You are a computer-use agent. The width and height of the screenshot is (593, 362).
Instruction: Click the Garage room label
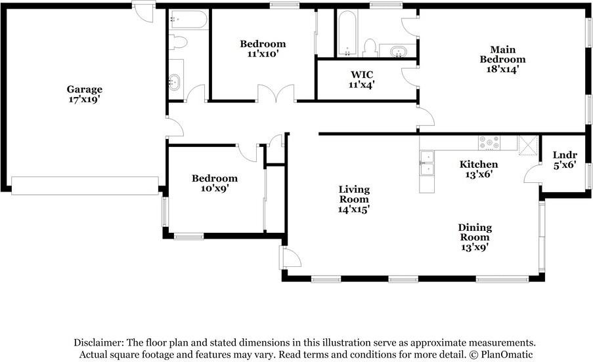click(84, 89)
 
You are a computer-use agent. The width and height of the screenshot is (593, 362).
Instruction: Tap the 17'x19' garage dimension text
click(84, 100)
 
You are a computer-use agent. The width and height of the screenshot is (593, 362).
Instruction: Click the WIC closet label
click(362, 75)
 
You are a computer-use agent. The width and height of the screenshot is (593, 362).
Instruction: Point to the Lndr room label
click(565, 155)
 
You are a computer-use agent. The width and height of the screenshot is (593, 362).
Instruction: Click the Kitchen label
click(479, 164)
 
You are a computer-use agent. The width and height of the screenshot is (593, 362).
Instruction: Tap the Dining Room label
click(475, 232)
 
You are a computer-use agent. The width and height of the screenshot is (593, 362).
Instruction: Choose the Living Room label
click(354, 194)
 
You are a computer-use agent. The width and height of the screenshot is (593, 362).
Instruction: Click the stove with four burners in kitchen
click(489, 143)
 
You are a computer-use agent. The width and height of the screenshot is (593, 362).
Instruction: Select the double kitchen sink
click(427, 163)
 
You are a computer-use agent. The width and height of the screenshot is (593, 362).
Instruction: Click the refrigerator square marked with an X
click(528, 145)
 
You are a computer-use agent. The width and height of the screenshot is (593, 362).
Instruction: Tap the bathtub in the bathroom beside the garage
click(188, 19)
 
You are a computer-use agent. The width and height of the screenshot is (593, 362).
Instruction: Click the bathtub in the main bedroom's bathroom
click(347, 33)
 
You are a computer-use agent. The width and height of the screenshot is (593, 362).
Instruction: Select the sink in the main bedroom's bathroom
click(397, 51)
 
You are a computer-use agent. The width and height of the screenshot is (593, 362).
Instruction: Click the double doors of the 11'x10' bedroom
click(276, 93)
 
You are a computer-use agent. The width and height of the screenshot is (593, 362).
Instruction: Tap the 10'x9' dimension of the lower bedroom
click(215, 188)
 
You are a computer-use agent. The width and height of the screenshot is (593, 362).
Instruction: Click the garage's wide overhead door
click(85, 186)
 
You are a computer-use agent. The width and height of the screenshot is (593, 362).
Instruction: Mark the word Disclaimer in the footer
click(99, 343)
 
